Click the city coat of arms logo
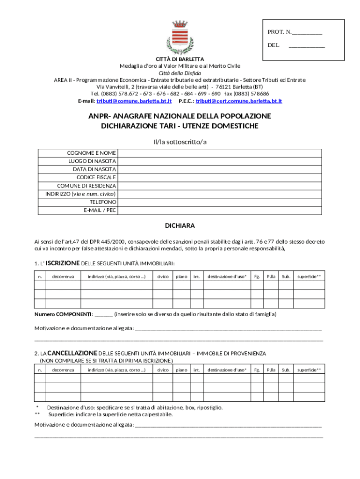tap(180, 37)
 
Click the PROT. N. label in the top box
tap(280, 32)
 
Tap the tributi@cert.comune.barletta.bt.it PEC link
tap(238, 101)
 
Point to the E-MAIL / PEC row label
tap(100, 210)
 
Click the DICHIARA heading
tap(180, 225)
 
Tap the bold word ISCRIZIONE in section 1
tap(63, 263)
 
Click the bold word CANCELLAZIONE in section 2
tap(72, 353)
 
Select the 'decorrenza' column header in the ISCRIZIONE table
tap(63, 276)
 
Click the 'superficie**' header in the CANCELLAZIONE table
tap(309, 370)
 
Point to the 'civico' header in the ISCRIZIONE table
tap(163, 276)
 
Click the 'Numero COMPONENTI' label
tap(63, 314)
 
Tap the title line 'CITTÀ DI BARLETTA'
tap(180, 59)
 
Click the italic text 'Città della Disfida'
tap(180, 73)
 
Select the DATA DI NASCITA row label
tap(94, 169)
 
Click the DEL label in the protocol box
tap(274, 45)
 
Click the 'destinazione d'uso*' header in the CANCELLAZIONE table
tap(227, 370)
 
